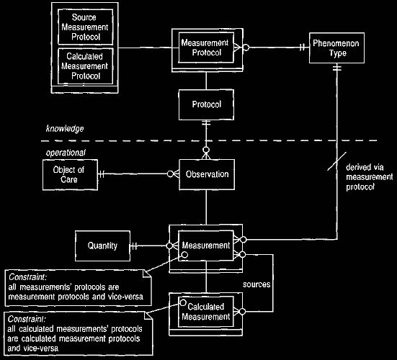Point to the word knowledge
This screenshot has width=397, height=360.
point(65,129)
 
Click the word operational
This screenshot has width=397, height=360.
point(66,153)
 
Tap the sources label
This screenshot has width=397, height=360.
point(257,284)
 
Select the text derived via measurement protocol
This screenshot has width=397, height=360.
point(370,177)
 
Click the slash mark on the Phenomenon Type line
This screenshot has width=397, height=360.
point(336,161)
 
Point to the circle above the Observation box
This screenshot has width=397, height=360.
point(206,150)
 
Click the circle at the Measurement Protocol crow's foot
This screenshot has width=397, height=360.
point(246,48)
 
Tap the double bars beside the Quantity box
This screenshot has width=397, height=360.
point(134,246)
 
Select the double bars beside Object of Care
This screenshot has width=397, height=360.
point(102,174)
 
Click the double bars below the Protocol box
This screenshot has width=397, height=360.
point(206,123)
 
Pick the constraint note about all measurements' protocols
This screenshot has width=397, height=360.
point(79,288)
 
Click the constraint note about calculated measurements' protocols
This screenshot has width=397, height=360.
point(79,333)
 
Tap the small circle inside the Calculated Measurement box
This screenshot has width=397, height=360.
point(183,302)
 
